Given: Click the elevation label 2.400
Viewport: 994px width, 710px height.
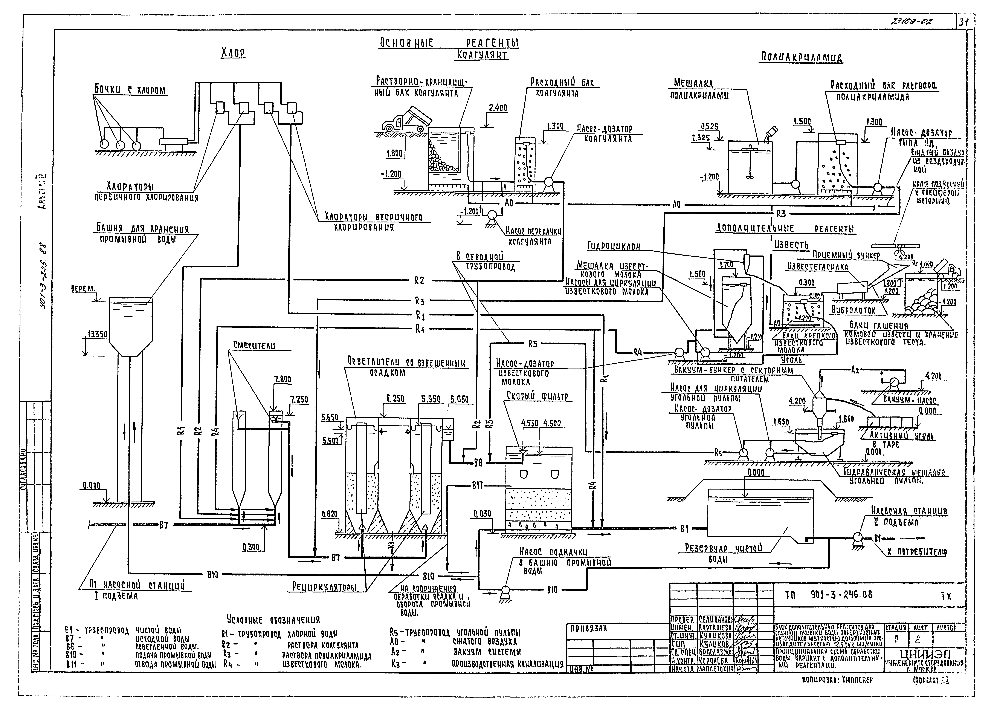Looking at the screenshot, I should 497,108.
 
